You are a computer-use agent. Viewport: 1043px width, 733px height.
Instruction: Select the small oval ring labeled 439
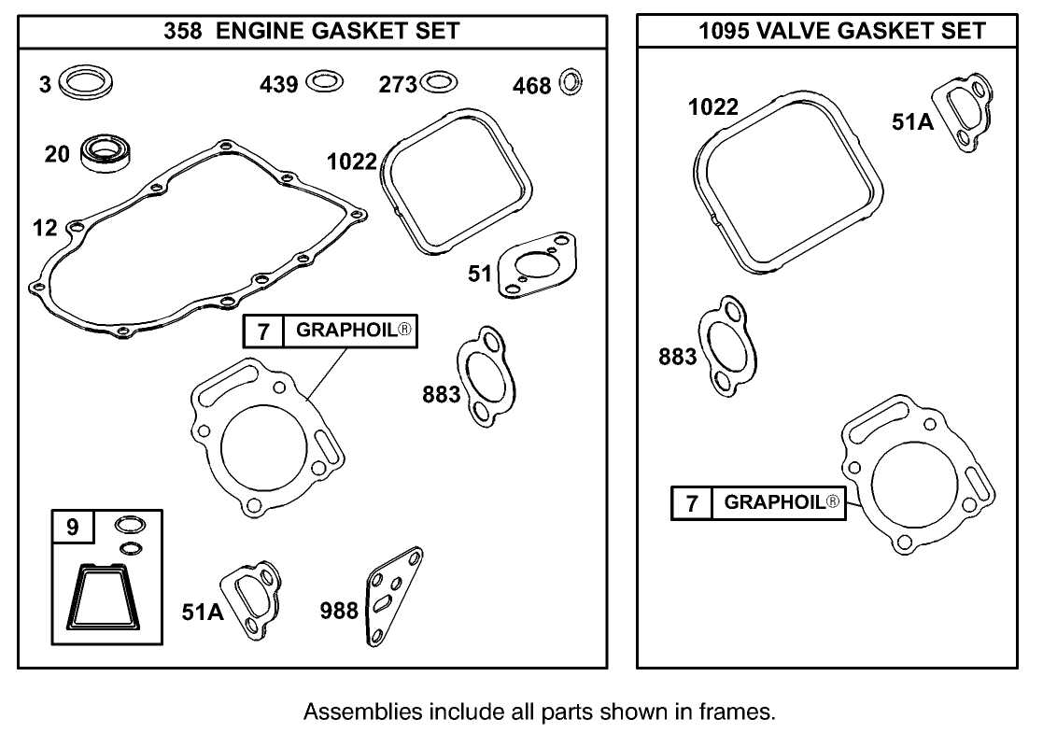coord(323,82)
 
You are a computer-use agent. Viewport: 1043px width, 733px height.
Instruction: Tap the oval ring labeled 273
coord(439,82)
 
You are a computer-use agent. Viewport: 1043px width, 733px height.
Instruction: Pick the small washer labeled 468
coord(570,82)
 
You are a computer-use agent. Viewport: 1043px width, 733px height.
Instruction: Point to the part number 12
coord(44,227)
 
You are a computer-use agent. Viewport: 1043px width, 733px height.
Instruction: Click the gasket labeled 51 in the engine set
coord(530,266)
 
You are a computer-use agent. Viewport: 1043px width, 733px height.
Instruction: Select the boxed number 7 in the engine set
coord(263,331)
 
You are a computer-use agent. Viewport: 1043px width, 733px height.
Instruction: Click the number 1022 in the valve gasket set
coord(713,107)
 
